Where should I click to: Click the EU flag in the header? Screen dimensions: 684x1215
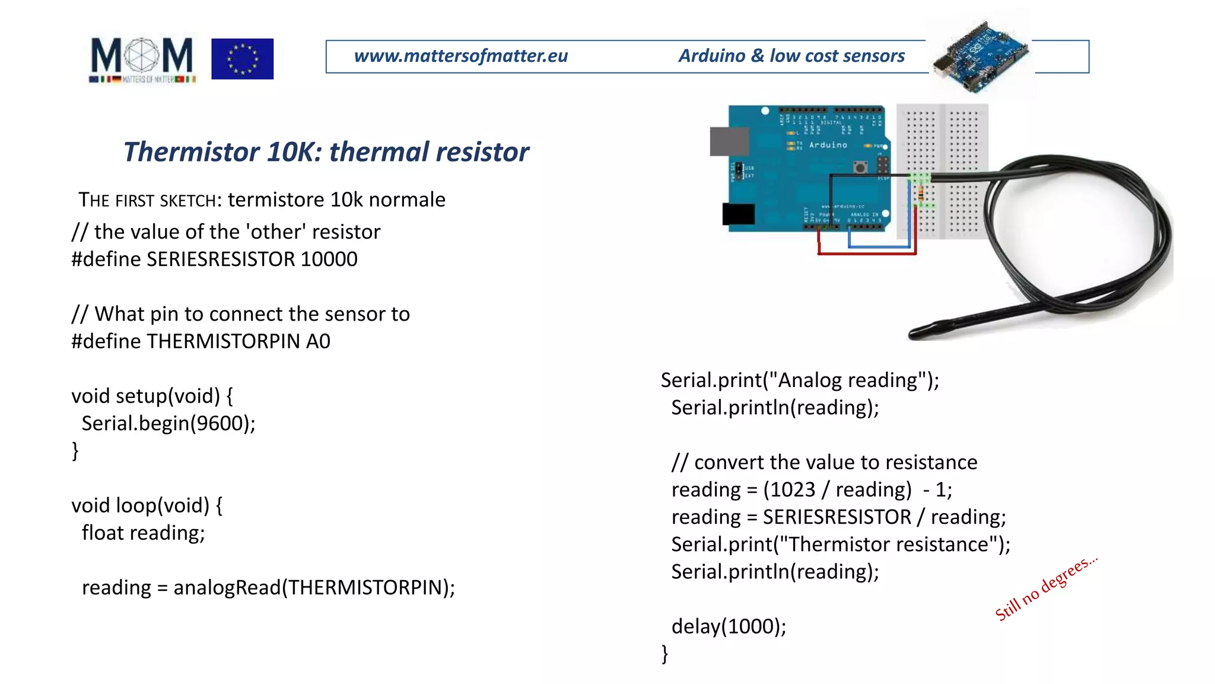[x=242, y=59]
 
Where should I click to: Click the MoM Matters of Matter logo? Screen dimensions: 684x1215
[x=142, y=59]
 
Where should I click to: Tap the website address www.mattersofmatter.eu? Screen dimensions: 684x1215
[x=460, y=56]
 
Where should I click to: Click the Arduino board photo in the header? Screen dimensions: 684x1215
[x=980, y=57]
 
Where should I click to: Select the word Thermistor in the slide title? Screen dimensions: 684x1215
[x=191, y=152]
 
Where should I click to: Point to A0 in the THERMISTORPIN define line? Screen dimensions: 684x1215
[x=318, y=341]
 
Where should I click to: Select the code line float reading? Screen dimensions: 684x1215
[x=143, y=533]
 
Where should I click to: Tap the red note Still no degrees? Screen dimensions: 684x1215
[x=1045, y=588]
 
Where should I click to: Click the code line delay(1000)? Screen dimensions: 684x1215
[x=728, y=626]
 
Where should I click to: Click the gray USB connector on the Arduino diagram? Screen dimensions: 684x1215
[x=729, y=142]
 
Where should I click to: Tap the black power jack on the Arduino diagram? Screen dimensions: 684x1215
[x=738, y=214]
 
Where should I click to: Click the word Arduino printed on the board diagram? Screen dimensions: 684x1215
[x=828, y=145]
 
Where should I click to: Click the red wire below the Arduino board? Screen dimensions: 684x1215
[x=866, y=253]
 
